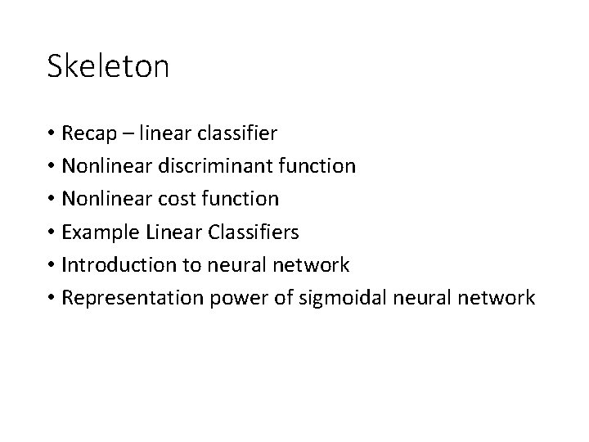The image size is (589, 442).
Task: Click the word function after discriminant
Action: tap(317, 166)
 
